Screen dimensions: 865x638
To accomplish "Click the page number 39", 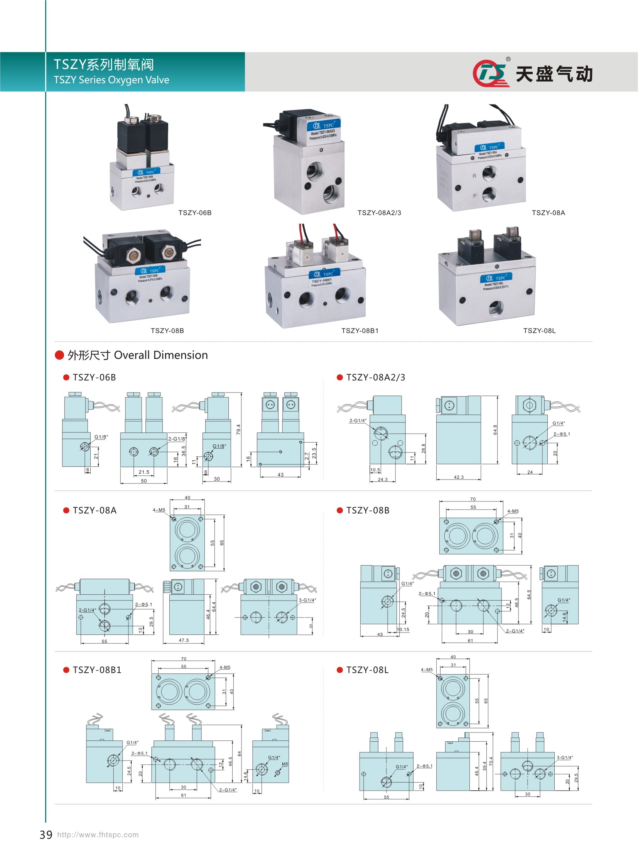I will point(46,835).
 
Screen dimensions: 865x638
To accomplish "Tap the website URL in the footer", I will point(98,835).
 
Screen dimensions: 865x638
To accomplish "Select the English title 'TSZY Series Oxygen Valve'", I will point(111,80).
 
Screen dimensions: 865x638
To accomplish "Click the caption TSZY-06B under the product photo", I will point(195,213).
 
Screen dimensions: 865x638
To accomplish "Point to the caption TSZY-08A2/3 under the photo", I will point(379,213).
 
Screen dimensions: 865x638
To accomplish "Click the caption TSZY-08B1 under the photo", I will point(360,330).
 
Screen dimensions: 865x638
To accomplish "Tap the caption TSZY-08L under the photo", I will point(539,330).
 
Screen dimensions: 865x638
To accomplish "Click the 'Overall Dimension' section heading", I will point(161,355).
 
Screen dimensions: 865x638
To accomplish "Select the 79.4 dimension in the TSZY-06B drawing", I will point(238,429).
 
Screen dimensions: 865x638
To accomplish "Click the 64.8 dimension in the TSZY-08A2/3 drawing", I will point(495,429).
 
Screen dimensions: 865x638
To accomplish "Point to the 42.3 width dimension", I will point(458,477).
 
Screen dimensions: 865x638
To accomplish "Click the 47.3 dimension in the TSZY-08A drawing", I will point(184,640).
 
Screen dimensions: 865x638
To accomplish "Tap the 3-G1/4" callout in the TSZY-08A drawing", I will point(307,600).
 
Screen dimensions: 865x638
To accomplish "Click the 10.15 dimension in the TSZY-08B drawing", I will point(403,629).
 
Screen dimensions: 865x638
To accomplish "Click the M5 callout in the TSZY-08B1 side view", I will point(285,764).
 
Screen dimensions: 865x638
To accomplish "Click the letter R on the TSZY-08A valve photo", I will point(474,176).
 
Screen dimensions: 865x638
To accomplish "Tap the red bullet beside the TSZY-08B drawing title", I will point(340,510).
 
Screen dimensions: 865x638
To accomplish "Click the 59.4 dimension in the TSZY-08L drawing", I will point(484,765).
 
